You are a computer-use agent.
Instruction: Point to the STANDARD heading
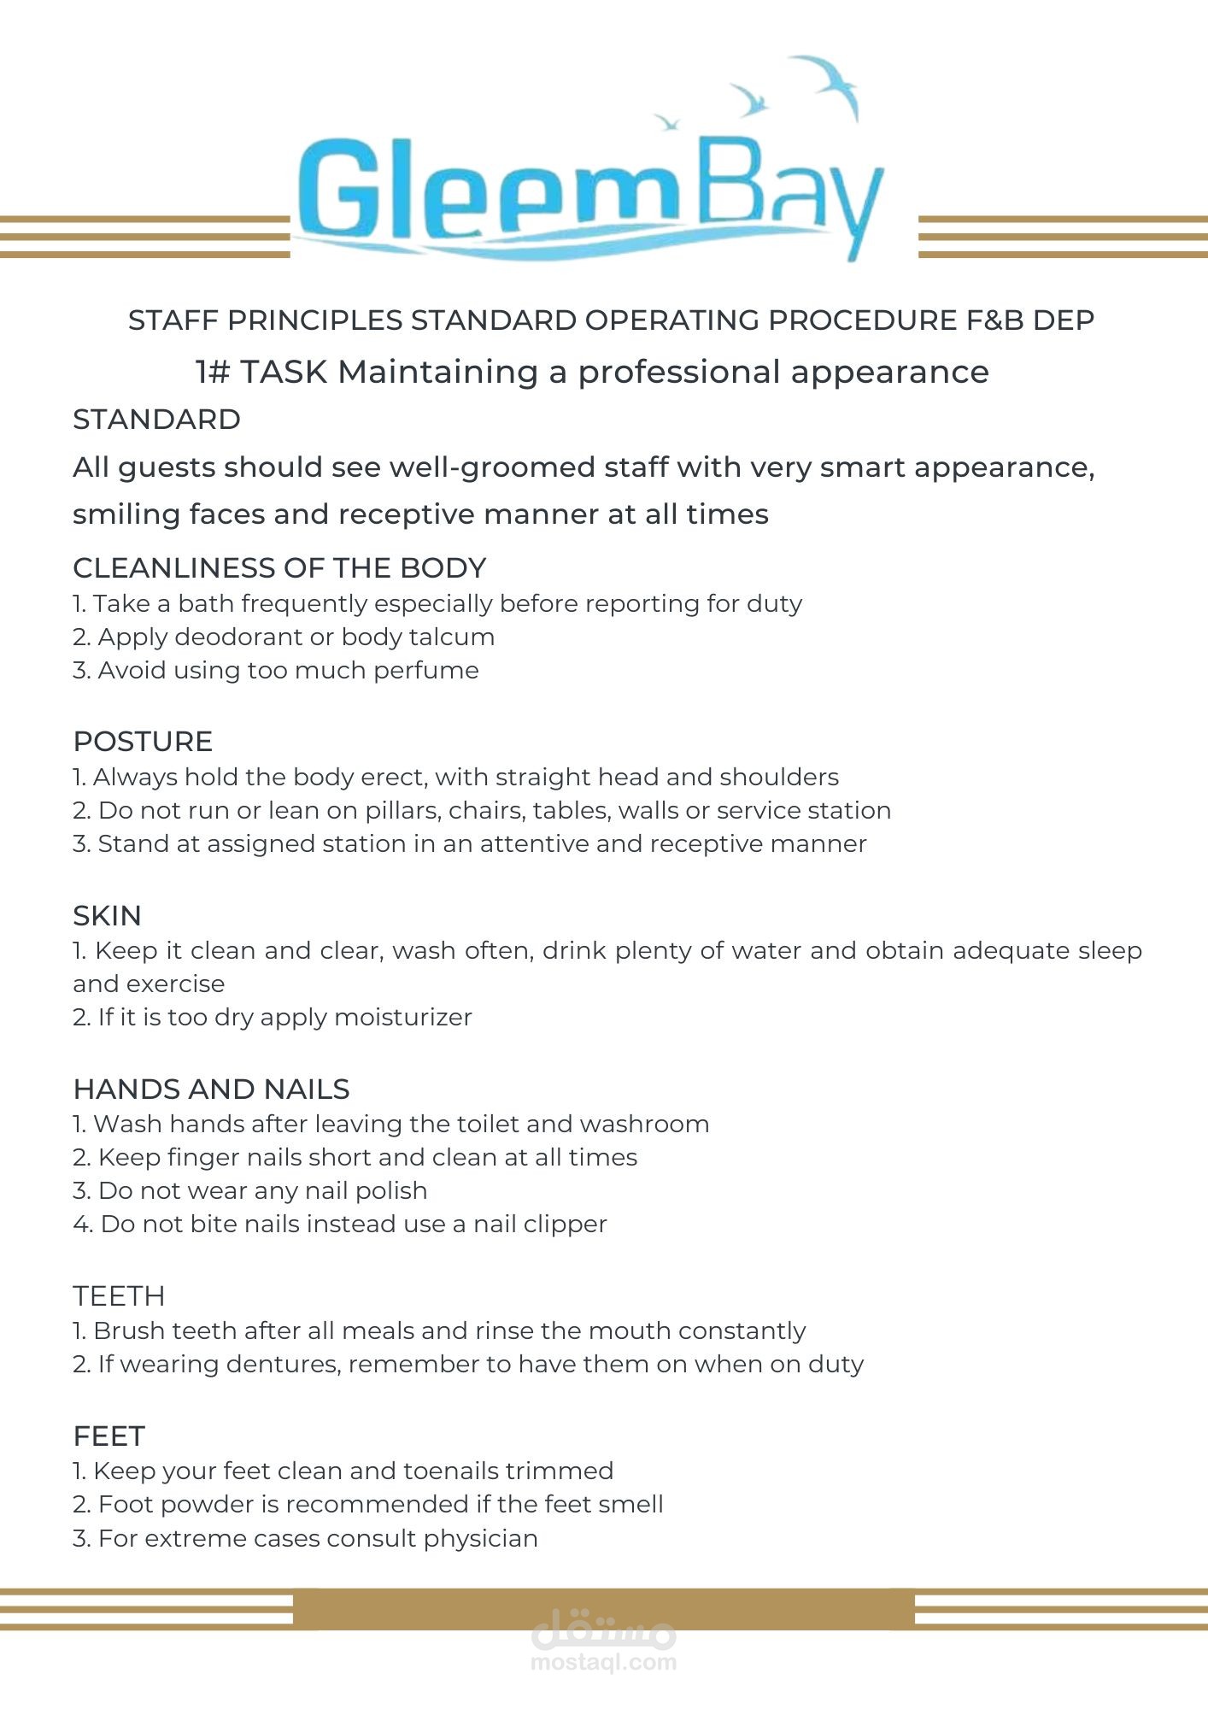click(156, 420)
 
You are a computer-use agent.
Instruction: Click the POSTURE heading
click(143, 741)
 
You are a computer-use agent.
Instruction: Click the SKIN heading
click(107, 915)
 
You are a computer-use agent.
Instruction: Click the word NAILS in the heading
click(307, 1089)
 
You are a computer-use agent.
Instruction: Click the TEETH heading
click(119, 1295)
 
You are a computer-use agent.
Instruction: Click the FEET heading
click(109, 1436)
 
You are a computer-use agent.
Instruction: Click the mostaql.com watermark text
click(603, 1662)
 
